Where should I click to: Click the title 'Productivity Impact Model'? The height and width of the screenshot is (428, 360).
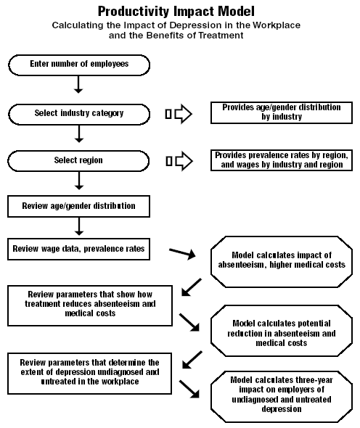tap(176, 12)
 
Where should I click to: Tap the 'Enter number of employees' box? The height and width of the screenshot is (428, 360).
tap(79, 65)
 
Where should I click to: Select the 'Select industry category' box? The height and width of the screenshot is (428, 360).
tap(79, 115)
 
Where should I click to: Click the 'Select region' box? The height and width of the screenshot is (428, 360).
tap(78, 161)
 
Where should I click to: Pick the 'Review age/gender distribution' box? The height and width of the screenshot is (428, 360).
tap(78, 206)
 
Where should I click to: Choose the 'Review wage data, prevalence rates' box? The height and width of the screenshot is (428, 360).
tap(78, 250)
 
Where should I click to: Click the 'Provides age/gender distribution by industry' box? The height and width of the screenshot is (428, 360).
tap(282, 112)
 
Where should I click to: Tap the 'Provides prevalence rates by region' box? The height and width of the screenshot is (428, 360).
tap(282, 160)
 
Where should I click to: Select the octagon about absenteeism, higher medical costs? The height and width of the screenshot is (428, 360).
tap(282, 262)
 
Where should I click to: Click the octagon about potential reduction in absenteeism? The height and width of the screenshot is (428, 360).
tap(282, 331)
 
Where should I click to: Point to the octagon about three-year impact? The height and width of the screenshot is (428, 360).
tap(282, 397)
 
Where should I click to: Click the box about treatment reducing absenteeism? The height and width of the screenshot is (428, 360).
tap(90, 305)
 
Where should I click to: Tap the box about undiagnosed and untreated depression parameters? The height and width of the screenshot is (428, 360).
tap(89, 374)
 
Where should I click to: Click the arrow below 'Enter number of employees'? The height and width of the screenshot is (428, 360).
tap(78, 85)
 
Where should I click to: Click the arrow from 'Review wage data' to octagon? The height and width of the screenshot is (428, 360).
tap(182, 253)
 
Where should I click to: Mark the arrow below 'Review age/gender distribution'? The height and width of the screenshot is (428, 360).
tap(79, 226)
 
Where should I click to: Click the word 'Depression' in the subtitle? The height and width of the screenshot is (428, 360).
tap(195, 25)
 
